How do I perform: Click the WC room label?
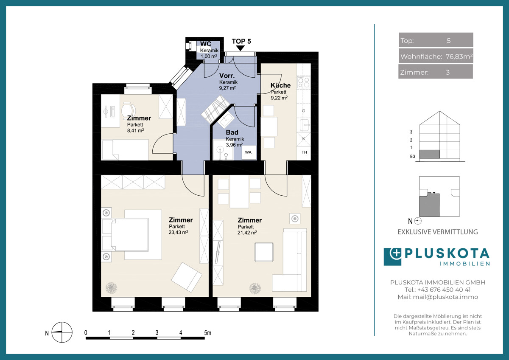pyautogui.click(x=206, y=44)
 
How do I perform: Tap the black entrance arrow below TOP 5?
pyautogui.click(x=241, y=48)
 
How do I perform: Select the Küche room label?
pyautogui.click(x=281, y=85)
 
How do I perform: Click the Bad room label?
pyautogui.click(x=232, y=132)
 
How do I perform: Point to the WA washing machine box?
pyautogui.click(x=249, y=152)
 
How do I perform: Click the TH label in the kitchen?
pyautogui.click(x=304, y=152)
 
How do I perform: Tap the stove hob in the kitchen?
pyautogui.click(x=304, y=82)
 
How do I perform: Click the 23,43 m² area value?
pyautogui.click(x=179, y=232)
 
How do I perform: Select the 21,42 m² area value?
pyautogui.click(x=247, y=232)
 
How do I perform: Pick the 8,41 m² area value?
pyautogui.click(x=135, y=130)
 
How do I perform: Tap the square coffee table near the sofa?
pyautogui.click(x=264, y=252)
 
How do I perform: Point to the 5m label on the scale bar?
pyautogui.click(x=207, y=333)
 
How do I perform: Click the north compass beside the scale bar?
pyautogui.click(x=62, y=332)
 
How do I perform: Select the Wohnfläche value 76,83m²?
pyautogui.click(x=459, y=56)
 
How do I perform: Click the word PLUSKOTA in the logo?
pyautogui.click(x=447, y=253)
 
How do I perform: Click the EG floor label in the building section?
pyautogui.click(x=413, y=157)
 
